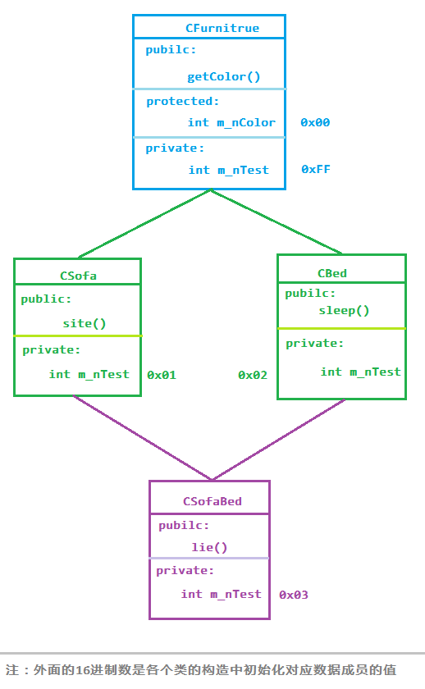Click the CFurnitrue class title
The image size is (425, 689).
222,28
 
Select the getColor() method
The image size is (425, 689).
224,77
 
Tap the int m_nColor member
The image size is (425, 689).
231,122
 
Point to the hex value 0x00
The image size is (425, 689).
315,122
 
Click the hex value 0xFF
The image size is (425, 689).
316,169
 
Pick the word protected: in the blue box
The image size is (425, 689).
182,102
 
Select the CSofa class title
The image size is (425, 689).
78,276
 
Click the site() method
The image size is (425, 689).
85,323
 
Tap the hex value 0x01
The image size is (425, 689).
162,375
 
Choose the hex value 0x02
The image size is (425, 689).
252,375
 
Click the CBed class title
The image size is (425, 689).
332,273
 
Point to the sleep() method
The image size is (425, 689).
344,311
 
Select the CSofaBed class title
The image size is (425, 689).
212,501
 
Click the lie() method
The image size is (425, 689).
210,548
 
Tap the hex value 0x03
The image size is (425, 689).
294,595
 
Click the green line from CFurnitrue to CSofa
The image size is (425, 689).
144,224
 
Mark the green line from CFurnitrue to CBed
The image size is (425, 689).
276,222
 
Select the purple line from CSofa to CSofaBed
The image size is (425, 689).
143,437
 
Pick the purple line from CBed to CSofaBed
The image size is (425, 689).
279,440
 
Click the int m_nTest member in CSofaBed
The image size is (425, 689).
221,594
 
